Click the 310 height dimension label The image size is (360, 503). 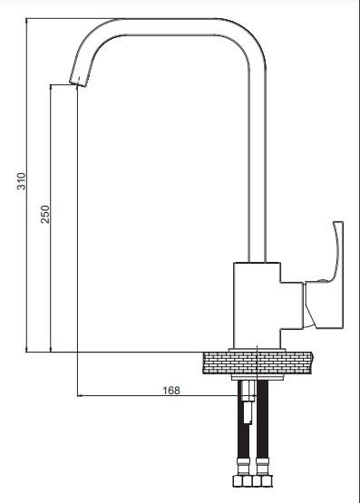[21, 181]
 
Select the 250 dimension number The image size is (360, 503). [45, 214]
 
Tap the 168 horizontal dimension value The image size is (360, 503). [171, 391]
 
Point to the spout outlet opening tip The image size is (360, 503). [77, 82]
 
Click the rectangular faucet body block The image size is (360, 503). [257, 305]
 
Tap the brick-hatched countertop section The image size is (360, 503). [258, 363]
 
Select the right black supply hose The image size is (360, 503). [262, 421]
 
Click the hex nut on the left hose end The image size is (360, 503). [242, 481]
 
